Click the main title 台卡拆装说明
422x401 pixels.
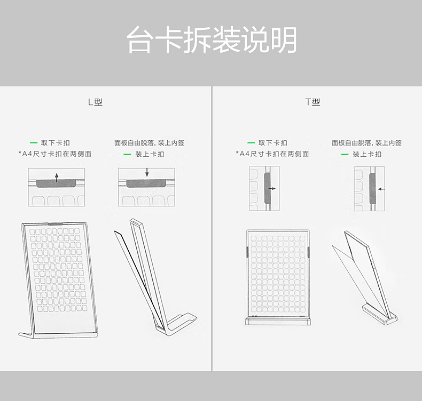click(x=212, y=40)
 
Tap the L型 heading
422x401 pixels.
click(x=95, y=102)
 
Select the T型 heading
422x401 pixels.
click(x=312, y=102)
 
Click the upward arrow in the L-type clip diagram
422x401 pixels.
click(x=57, y=178)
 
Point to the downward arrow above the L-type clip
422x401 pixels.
click(x=147, y=172)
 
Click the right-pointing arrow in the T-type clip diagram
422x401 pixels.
click(x=272, y=189)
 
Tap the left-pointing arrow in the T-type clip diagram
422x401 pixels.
click(x=381, y=189)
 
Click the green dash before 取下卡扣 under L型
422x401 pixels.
click(x=34, y=143)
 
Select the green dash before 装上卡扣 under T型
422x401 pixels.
click(x=345, y=155)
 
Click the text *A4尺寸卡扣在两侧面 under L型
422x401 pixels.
click(x=55, y=154)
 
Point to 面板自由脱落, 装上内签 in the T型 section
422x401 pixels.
click(x=366, y=143)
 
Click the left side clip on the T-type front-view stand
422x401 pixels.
click(x=247, y=252)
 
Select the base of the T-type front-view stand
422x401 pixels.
click(x=278, y=321)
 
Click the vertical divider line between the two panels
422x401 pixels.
click(x=212, y=229)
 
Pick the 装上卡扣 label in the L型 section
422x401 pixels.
click(x=150, y=154)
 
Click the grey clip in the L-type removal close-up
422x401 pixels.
click(x=57, y=183)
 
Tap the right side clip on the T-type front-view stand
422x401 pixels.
click(x=309, y=252)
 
